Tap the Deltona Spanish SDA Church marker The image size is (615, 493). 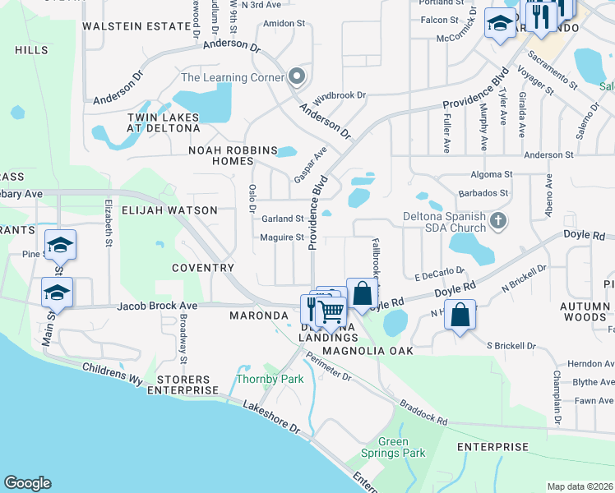(x=497, y=221)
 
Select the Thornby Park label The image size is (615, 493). (x=270, y=379)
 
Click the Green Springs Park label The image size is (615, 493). (x=393, y=447)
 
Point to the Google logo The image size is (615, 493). (x=27, y=483)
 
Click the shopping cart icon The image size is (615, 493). (x=331, y=312)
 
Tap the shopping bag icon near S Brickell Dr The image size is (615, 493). (x=460, y=314)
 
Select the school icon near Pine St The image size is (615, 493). (x=60, y=244)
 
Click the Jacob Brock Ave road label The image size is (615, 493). (x=157, y=306)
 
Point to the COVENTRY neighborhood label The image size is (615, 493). (x=203, y=268)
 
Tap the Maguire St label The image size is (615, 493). (x=282, y=237)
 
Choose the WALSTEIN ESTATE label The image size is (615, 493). (x=136, y=26)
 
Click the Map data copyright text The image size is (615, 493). (x=580, y=486)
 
